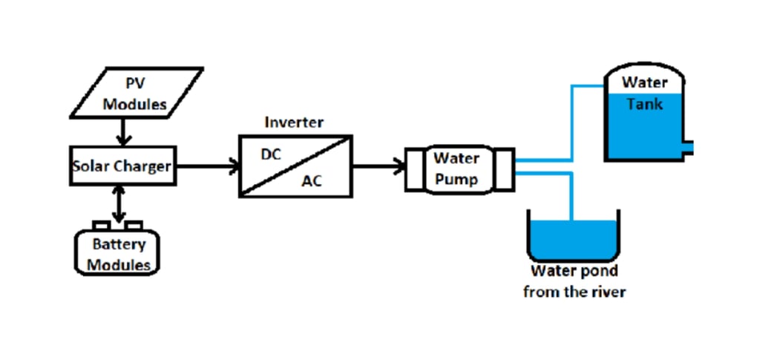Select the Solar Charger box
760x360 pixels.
click(x=122, y=166)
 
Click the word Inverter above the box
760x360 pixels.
click(x=295, y=121)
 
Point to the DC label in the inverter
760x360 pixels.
click(x=270, y=155)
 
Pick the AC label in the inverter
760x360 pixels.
click(x=312, y=182)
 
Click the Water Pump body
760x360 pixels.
click(x=456, y=168)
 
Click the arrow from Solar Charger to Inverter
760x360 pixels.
click(x=207, y=166)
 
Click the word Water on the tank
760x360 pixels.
click(x=644, y=82)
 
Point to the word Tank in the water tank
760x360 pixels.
click(x=644, y=104)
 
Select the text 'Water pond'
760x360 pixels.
click(x=574, y=271)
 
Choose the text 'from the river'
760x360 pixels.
click(x=574, y=292)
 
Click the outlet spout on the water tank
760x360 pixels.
click(x=689, y=147)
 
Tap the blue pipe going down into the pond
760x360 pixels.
click(x=572, y=197)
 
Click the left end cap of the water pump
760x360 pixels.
click(x=413, y=170)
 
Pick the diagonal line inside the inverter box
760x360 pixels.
click(x=295, y=166)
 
